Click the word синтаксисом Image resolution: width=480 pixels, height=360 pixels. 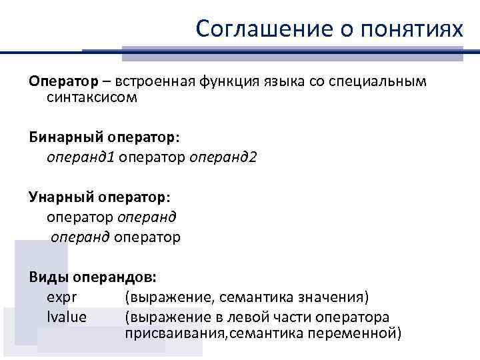(x=92, y=98)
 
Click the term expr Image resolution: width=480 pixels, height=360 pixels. (x=59, y=296)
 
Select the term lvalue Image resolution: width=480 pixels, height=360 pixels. (x=67, y=317)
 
